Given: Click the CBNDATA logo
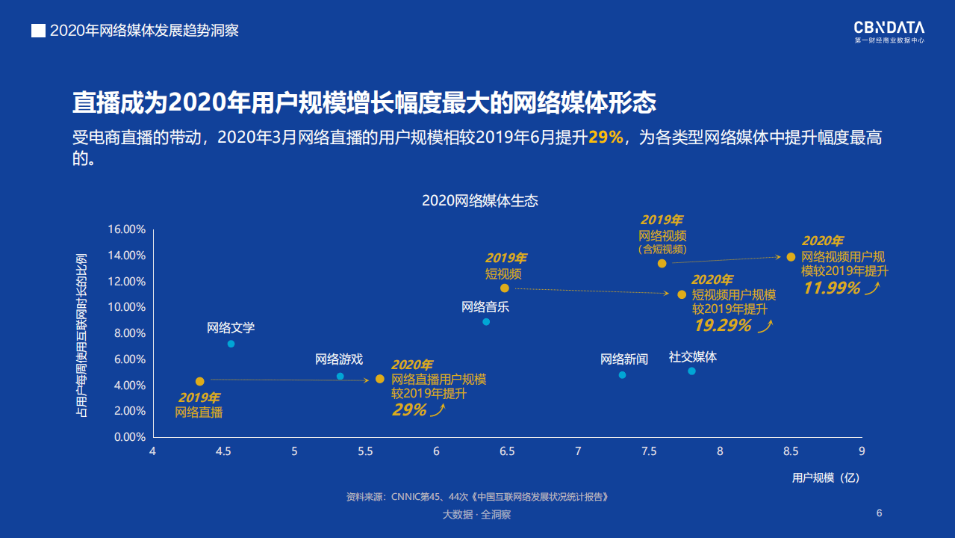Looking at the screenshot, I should coord(889,31).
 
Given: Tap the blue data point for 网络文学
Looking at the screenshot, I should coord(231,344).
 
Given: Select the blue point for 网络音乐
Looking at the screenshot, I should coord(486,322).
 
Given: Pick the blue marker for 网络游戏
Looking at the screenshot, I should coord(340,377).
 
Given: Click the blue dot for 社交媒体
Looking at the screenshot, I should coord(691,371).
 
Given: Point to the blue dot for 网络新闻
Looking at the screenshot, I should coord(622,375).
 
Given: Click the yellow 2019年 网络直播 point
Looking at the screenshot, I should coord(199,382).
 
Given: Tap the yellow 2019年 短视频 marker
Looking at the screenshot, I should coord(505,288).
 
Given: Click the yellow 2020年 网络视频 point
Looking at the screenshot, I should coord(791,257).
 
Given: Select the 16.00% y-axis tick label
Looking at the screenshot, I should coord(126,229).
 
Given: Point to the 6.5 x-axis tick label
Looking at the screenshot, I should coord(507,451).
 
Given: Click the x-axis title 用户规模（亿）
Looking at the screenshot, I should coord(826,477).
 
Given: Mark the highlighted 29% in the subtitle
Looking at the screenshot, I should coord(606,137).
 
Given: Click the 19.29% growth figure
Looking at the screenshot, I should coord(722,325).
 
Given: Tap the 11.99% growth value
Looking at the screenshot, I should coord(831,288).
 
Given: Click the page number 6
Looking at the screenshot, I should coord(879,513).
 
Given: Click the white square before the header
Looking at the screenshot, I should coord(37,31).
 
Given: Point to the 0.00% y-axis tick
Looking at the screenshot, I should coord(129,437).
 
